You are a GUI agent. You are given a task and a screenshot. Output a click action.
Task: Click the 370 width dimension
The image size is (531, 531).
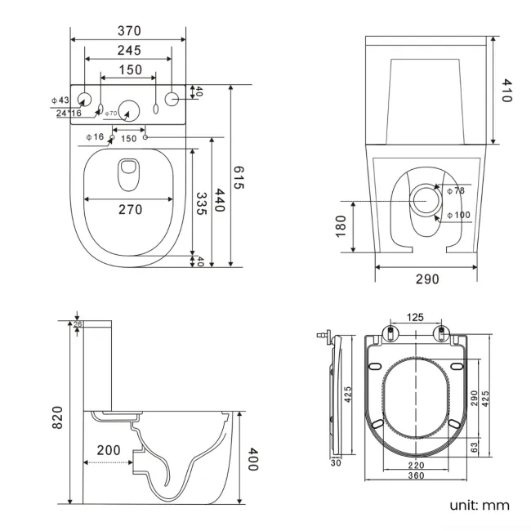pos(129,31)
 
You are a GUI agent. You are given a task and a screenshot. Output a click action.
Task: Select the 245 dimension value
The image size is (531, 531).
pos(128,51)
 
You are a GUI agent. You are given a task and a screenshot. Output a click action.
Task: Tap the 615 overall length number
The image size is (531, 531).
pos(239,177)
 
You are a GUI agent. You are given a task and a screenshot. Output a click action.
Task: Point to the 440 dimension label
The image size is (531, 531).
pos(219,200)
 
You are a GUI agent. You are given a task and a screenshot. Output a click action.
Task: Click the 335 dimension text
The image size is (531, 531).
pos(201,203)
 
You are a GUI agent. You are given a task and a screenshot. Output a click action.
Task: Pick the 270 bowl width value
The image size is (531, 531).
pos(130,210)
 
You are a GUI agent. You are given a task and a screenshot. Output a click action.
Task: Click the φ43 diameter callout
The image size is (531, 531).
pos(62,100)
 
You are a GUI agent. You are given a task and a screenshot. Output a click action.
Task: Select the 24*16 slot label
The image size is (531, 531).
pos(69,113)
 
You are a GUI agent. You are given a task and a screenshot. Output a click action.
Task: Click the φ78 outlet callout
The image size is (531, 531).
pos(455,190)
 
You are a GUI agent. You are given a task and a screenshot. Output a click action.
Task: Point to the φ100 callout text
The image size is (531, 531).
pos(457,216)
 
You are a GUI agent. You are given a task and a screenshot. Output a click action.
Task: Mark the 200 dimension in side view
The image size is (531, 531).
pos(109,450)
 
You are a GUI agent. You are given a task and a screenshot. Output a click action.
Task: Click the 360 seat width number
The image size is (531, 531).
pos(416,476)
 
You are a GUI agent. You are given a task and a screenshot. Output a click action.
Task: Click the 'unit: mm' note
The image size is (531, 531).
pos(479,505)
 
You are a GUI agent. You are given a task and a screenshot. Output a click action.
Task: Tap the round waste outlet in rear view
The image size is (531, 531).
pos(426,199)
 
